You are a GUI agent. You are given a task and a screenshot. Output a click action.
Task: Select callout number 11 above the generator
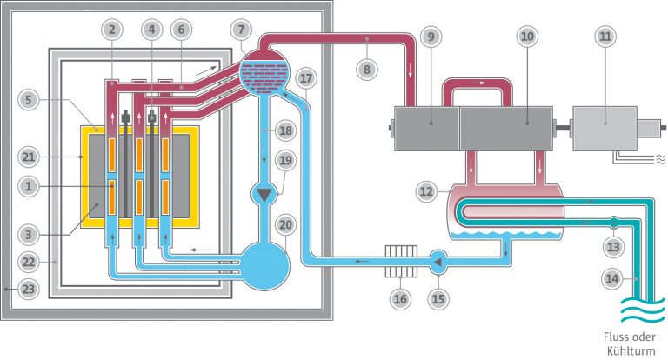(x=607, y=37)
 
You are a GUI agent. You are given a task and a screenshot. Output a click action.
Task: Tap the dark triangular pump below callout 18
(x=262, y=194)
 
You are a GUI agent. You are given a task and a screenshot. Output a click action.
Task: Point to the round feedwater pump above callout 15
(x=439, y=258)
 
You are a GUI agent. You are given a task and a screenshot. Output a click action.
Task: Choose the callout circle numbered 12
(x=424, y=190)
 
